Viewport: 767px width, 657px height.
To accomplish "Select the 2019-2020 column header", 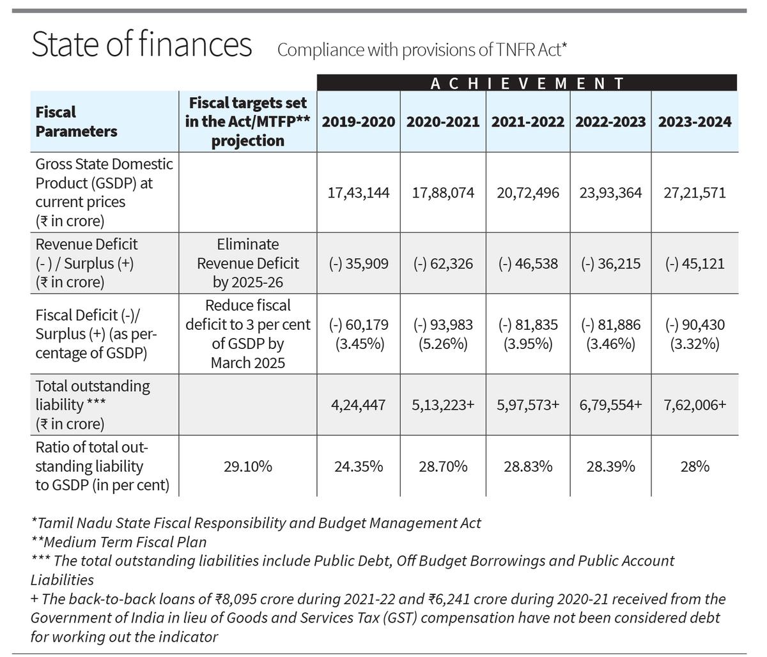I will click(x=359, y=121).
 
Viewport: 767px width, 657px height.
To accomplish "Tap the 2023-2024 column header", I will click(x=695, y=121).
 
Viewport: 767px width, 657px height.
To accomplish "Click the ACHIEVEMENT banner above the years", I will click(x=527, y=83).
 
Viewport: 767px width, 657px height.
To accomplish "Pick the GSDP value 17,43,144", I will click(x=359, y=192).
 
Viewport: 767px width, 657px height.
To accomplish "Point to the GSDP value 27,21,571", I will click(x=695, y=192).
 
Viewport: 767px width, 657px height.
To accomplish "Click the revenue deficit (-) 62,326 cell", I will click(x=443, y=263).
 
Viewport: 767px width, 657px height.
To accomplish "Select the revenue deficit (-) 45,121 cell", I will click(x=695, y=263).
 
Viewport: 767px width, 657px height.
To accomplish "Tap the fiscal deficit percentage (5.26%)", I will click(x=443, y=344).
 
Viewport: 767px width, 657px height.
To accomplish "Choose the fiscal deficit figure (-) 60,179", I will click(x=359, y=325).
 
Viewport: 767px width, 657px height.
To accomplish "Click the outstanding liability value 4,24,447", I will click(x=359, y=405).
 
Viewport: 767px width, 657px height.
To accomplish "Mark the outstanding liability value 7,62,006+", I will click(x=695, y=405).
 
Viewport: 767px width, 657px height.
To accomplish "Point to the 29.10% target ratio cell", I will click(x=248, y=466).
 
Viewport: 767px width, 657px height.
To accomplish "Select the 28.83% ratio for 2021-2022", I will click(x=528, y=466).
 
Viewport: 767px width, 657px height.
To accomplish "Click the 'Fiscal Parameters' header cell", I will click(x=76, y=121).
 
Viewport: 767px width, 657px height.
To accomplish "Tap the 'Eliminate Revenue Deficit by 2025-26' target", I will click(x=248, y=263).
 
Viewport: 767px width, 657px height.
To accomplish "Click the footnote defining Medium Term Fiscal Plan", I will click(x=119, y=542).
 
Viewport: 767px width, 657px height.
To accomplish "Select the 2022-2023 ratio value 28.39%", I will click(x=611, y=466).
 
